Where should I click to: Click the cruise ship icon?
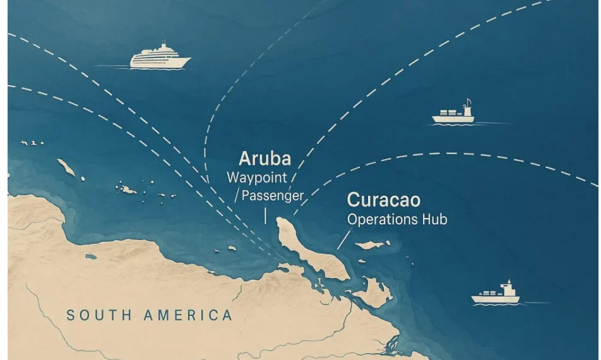coord(160,57)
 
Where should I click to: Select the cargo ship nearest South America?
coord(496,294)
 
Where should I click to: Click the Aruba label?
coord(265,158)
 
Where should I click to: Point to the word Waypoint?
coord(257,177)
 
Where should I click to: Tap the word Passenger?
coord(273,196)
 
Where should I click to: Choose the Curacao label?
coord(384,201)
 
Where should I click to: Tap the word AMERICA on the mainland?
coord(188,315)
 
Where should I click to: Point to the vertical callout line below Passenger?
coord(265,215)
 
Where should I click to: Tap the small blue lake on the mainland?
coord(91,256)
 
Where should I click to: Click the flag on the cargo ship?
coord(468,102)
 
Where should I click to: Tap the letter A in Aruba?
coord(244,158)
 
